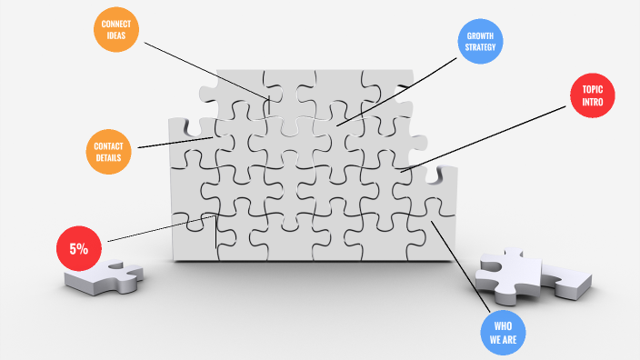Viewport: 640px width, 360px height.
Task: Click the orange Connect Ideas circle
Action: (116, 29)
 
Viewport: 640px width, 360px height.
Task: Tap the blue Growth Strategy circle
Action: (480, 41)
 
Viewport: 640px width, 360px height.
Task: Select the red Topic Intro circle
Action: (592, 95)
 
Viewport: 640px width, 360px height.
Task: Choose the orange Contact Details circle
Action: (108, 152)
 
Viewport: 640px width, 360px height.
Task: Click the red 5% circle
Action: (79, 248)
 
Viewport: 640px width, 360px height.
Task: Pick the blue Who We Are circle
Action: (503, 333)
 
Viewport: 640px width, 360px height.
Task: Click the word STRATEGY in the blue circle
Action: (480, 47)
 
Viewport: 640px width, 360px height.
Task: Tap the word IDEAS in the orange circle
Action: (116, 35)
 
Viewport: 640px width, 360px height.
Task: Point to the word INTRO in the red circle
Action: (592, 102)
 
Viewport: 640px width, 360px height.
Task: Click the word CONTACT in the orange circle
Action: (108, 146)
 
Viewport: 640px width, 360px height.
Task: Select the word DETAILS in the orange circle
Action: (108, 157)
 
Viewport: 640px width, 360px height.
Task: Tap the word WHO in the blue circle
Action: (503, 326)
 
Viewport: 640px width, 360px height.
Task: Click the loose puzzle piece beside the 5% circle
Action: (104, 276)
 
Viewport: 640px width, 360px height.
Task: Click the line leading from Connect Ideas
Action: (207, 71)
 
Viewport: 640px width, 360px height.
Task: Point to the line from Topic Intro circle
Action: (483, 139)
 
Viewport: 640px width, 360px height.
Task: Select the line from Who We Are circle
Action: (460, 267)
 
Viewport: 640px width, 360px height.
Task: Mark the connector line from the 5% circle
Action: (162, 228)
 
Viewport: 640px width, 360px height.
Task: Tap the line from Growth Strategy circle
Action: (396, 92)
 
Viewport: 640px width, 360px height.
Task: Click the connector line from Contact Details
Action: (175, 143)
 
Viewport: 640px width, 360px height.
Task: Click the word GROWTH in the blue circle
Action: (480, 36)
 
